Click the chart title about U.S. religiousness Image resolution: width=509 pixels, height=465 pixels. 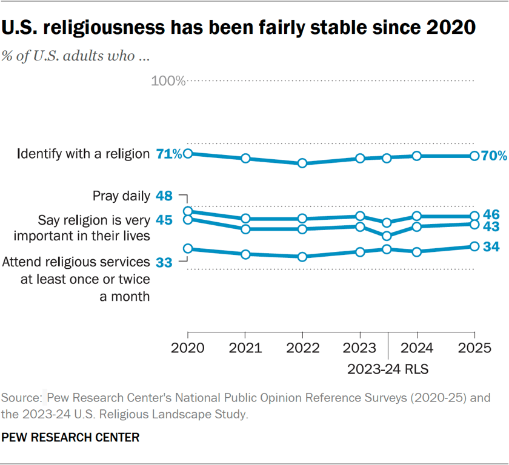239,27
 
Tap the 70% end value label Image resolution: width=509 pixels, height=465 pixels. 494,156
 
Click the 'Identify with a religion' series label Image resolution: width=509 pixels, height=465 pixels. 83,154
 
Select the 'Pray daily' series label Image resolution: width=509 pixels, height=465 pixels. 121,196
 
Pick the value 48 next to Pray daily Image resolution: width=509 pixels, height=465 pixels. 164,196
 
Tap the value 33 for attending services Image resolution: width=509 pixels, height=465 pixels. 164,262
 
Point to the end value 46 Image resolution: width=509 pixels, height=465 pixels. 491,216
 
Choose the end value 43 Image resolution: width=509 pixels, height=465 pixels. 491,225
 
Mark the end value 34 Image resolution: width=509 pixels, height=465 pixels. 491,247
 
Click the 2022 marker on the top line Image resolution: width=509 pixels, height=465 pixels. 302,163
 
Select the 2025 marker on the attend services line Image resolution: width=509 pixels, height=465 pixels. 474,246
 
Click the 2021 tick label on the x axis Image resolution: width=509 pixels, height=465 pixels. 245,349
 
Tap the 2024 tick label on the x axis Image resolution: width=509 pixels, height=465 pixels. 417,349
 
